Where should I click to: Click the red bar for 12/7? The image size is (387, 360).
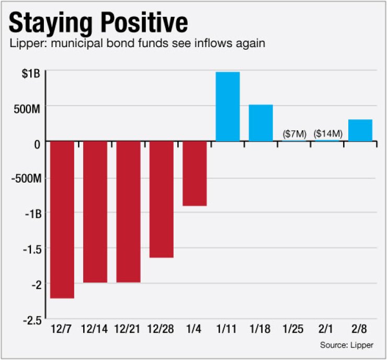(62, 220)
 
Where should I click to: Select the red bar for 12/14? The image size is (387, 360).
(95, 212)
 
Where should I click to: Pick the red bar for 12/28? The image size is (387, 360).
(162, 199)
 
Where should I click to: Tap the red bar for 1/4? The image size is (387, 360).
(195, 173)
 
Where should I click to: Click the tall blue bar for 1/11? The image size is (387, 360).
(228, 107)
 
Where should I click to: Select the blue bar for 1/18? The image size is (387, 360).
(261, 123)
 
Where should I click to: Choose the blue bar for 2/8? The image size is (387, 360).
(360, 130)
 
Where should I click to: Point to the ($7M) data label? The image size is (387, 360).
(294, 133)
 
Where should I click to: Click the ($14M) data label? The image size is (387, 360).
(328, 133)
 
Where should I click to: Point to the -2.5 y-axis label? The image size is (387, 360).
(31, 319)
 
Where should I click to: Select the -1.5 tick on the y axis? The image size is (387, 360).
(31, 248)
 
